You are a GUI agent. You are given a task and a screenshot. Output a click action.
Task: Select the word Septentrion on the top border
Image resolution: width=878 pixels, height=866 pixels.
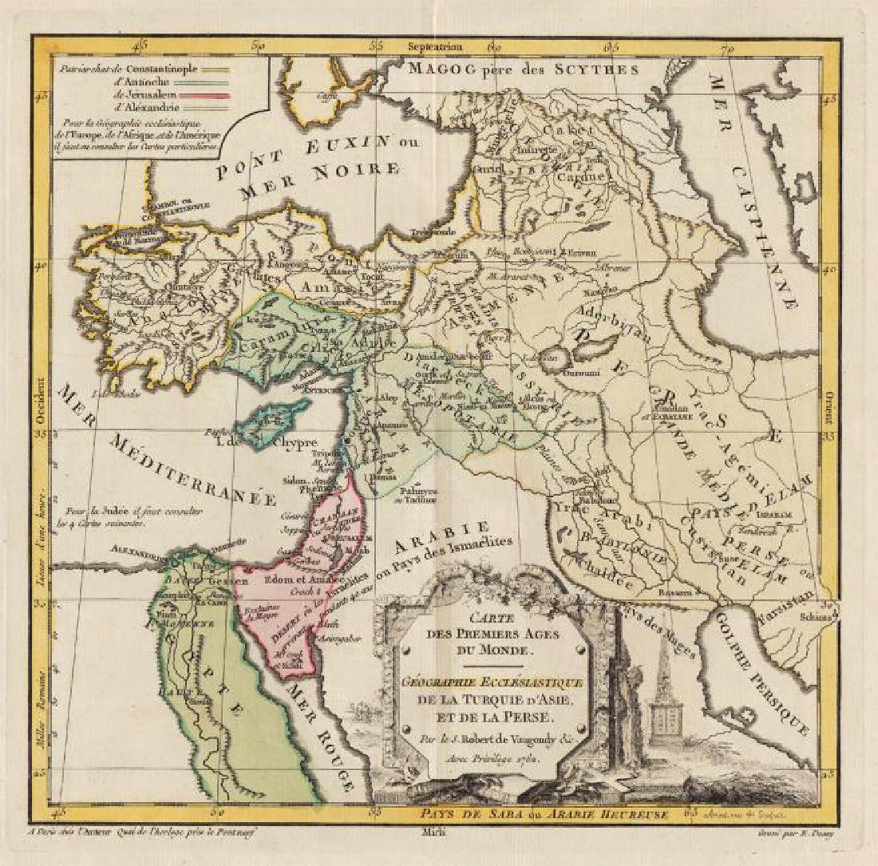[435, 46]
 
